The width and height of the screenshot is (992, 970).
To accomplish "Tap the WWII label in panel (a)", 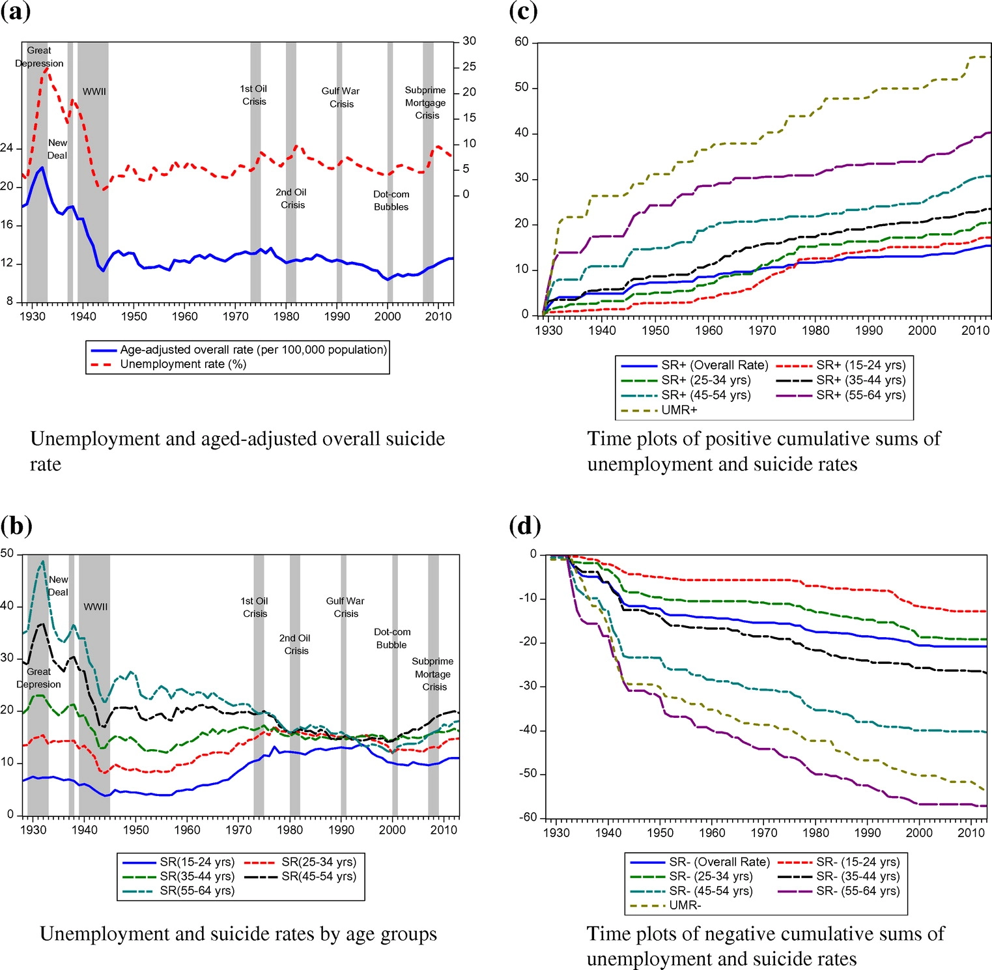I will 94,92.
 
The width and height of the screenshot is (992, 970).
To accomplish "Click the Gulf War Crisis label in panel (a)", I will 341,98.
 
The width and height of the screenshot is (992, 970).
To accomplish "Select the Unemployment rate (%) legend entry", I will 182,364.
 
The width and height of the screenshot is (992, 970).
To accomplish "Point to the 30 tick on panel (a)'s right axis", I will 469,41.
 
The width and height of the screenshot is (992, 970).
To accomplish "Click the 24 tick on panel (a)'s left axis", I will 7,148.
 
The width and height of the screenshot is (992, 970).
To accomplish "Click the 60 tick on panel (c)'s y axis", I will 522,42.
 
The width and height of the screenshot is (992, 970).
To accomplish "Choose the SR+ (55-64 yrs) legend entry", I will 860,395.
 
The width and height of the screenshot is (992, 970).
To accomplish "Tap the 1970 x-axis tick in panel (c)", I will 761,330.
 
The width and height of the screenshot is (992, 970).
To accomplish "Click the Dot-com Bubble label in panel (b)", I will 392,638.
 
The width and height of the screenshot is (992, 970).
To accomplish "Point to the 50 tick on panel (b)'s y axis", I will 7,554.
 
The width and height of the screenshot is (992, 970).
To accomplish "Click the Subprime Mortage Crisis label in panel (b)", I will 433,674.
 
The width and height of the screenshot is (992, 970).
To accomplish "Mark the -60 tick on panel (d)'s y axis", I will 528,818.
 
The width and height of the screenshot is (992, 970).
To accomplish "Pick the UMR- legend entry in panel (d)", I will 685,905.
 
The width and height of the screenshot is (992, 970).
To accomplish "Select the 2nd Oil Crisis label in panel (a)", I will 291,199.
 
